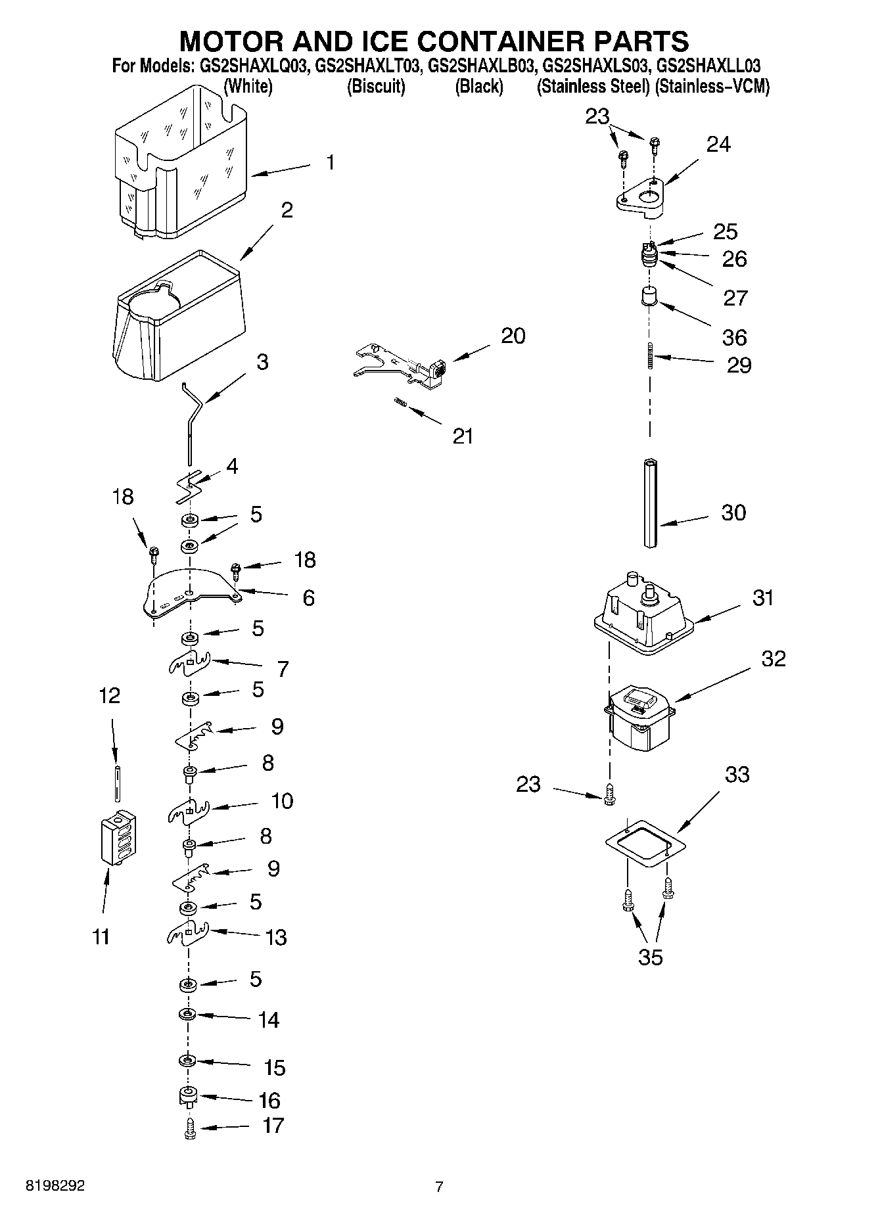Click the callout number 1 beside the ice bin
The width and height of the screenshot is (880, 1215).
pyautogui.click(x=330, y=162)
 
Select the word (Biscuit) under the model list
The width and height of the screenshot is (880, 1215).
pyautogui.click(x=376, y=86)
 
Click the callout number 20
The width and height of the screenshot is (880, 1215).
pyautogui.click(x=513, y=336)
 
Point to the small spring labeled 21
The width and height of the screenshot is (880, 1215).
pyautogui.click(x=399, y=402)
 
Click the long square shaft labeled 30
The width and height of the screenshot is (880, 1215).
pyautogui.click(x=651, y=503)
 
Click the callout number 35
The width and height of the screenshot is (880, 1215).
pyautogui.click(x=650, y=957)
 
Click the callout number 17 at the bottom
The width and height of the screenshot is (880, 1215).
pyautogui.click(x=273, y=1125)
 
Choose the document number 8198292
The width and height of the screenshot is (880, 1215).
pyautogui.click(x=55, y=1186)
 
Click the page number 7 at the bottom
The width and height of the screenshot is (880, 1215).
pyautogui.click(x=439, y=1187)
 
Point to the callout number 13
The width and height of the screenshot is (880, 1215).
pyautogui.click(x=276, y=937)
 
